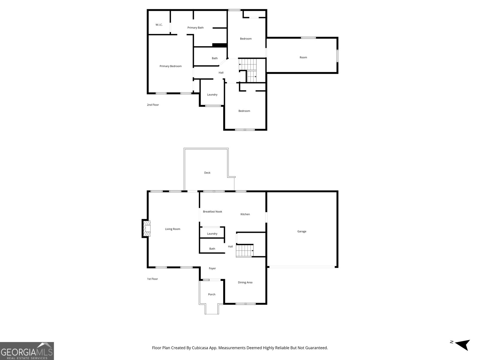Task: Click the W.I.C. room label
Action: coord(159,25)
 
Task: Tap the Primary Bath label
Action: coord(195,28)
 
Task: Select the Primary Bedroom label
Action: coord(170,66)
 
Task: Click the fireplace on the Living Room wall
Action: coord(146,229)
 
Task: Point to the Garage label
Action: coord(301,231)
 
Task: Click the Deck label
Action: coord(207,172)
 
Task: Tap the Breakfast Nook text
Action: coord(212,211)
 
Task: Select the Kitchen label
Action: coord(245,214)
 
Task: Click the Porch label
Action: coord(211,294)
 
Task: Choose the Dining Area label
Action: coord(245,282)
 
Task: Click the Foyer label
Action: coord(212,268)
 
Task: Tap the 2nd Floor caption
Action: coord(153,105)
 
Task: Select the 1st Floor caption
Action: coord(152,279)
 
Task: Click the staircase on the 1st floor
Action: coord(244,250)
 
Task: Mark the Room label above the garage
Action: coord(303,57)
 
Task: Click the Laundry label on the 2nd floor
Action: coord(212,94)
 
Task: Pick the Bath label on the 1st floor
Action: coord(212,248)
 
